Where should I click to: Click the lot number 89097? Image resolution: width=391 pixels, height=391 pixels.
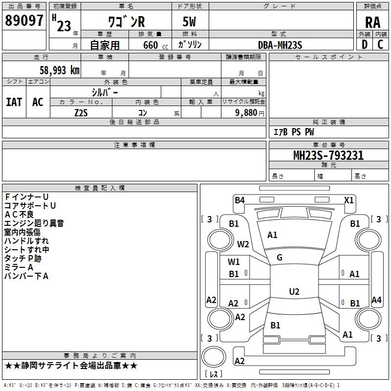tap(23, 21)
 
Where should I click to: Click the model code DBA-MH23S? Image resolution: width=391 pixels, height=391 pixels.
tap(280, 45)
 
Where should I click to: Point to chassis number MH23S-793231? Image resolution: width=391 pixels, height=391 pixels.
tap(328, 155)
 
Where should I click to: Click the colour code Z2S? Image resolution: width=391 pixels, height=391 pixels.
tap(81, 113)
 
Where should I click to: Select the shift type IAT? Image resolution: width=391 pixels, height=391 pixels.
tap(14, 102)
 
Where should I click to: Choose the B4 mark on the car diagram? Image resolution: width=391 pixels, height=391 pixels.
tap(239, 200)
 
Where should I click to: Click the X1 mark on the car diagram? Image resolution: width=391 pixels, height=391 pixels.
tap(348, 200)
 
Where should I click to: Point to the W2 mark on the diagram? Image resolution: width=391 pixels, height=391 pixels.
tap(243, 244)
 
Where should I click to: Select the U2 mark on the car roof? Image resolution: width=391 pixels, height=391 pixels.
tap(294, 291)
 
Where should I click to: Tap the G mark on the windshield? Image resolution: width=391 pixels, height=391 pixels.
tap(280, 258)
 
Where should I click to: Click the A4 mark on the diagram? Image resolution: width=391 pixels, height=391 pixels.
tap(376, 300)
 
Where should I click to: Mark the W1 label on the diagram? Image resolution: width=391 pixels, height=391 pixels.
tap(234, 261)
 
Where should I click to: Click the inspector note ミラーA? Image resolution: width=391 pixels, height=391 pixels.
tap(19, 267)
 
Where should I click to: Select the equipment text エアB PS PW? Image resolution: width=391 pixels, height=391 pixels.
tap(293, 132)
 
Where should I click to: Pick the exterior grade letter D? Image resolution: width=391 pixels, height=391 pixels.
tap(364, 45)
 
